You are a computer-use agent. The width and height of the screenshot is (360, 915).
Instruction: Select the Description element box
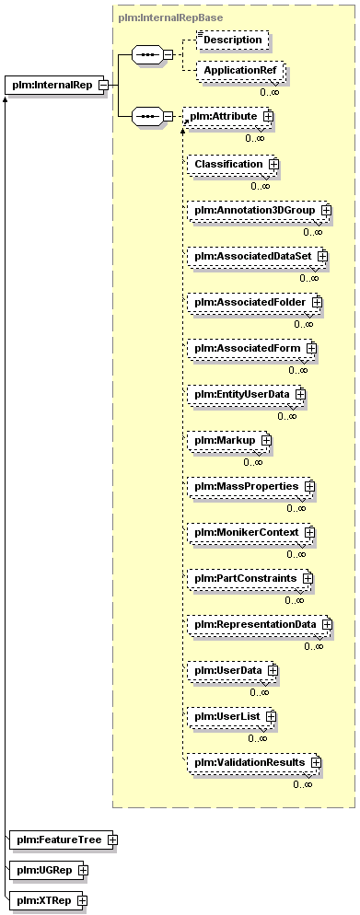tap(232, 40)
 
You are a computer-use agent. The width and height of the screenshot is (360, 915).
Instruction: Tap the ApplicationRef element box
tap(240, 71)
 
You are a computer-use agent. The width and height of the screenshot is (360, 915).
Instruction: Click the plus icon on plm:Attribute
tap(269, 116)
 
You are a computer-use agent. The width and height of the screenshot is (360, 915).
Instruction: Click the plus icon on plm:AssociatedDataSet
tap(322, 256)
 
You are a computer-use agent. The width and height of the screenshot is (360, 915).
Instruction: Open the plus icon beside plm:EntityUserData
tap(300, 394)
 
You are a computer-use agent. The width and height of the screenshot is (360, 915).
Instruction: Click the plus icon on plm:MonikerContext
tap(310, 532)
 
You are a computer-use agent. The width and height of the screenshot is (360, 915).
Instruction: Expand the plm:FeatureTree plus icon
tap(112, 840)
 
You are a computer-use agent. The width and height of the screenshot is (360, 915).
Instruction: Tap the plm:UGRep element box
tap(50, 870)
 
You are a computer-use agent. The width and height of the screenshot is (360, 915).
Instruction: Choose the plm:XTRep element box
tap(49, 900)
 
